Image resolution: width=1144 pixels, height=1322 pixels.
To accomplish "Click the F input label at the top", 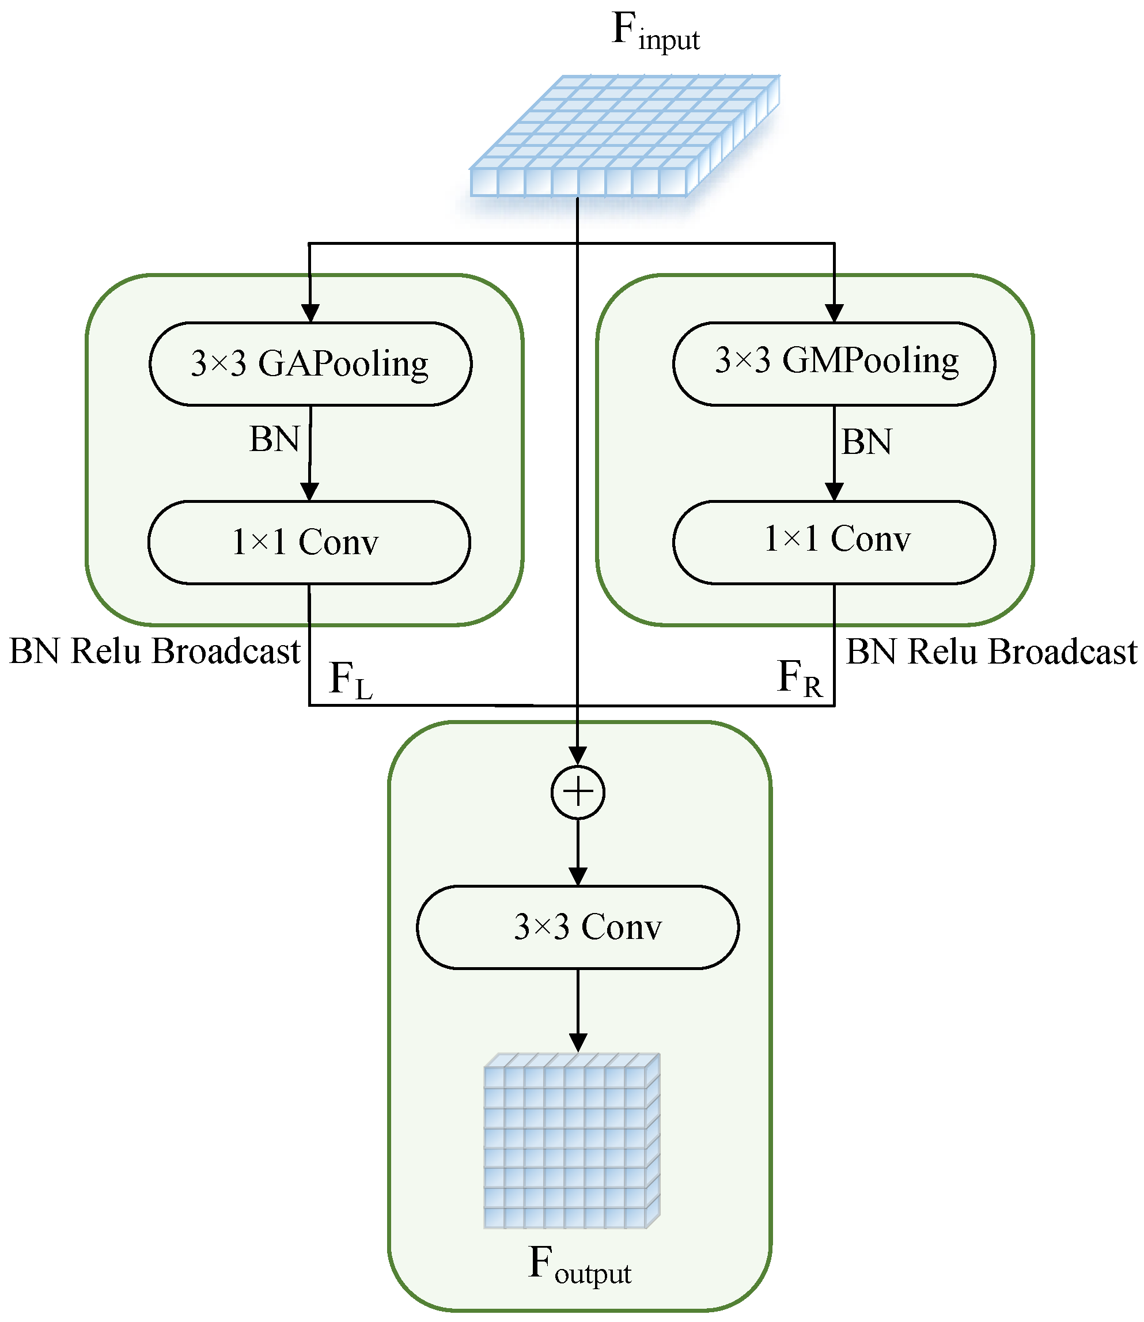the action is (656, 32).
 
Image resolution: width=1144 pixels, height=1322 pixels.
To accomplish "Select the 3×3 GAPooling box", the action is (310, 364).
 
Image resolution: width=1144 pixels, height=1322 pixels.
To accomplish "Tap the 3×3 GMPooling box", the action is (834, 364).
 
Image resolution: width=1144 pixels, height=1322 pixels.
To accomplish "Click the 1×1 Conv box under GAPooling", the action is (309, 543).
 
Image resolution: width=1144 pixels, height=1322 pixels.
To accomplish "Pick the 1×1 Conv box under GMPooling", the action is (834, 543).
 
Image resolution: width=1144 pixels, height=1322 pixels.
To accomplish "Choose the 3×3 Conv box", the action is (578, 927).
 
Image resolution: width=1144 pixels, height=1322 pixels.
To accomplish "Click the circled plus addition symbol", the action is (578, 792).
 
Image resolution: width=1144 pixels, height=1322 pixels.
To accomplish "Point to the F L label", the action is (350, 680).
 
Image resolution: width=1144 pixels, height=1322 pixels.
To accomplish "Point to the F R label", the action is (800, 679).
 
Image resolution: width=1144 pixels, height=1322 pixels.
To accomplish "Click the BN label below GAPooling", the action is (275, 439).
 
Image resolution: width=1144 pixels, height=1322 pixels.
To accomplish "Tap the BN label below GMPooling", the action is (867, 442).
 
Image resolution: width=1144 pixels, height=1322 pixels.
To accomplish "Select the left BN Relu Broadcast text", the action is (154, 651).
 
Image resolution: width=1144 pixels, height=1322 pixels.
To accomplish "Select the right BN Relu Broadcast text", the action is (991, 651).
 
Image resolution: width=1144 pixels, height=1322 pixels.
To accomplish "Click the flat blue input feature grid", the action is (625, 135).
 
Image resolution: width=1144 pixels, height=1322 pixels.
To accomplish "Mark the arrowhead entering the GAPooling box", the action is (310, 313).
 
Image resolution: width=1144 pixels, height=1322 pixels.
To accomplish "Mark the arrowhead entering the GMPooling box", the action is (834, 313).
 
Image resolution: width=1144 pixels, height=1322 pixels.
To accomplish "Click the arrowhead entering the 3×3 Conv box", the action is (578, 877).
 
